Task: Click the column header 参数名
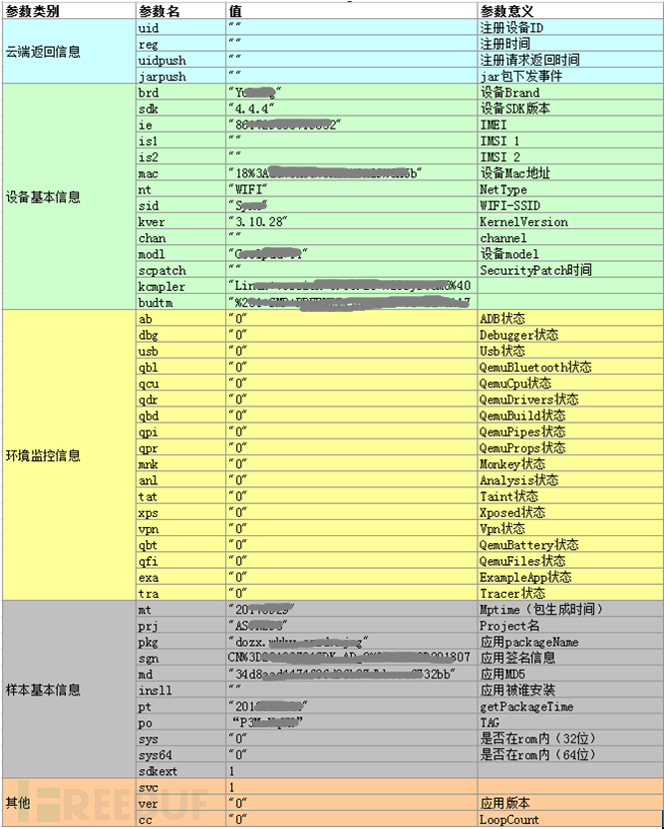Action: point(160,11)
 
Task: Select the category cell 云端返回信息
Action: point(43,52)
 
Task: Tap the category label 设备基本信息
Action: point(43,197)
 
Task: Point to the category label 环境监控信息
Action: point(43,456)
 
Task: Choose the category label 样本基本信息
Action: point(43,690)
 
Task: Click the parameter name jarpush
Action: point(162,76)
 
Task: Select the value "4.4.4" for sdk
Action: point(251,109)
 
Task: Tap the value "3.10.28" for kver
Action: point(256,222)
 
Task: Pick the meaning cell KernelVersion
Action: point(523,222)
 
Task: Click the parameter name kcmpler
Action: point(162,287)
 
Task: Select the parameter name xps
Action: point(148,513)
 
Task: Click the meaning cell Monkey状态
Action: point(512,464)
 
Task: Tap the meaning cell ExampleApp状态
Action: point(525,578)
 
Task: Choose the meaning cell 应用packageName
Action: point(528,643)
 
